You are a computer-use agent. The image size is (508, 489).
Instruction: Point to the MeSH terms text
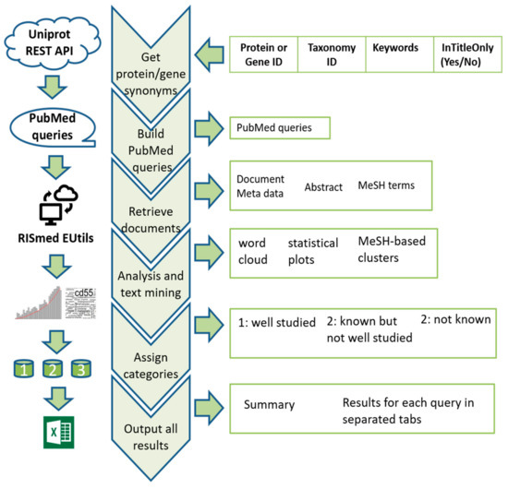coord(386,185)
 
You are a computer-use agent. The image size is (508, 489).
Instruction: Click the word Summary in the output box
coord(269,405)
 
